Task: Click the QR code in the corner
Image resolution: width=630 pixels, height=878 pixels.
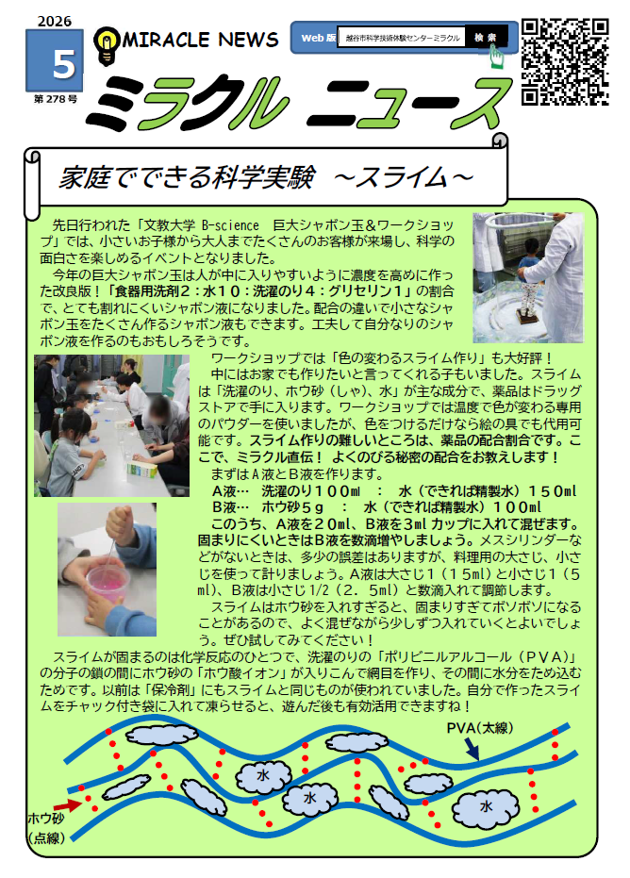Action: (x=564, y=61)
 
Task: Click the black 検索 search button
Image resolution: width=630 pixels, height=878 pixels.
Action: (x=488, y=38)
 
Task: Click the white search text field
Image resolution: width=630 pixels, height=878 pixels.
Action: (x=399, y=38)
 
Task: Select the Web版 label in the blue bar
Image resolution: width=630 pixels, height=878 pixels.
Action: (x=317, y=38)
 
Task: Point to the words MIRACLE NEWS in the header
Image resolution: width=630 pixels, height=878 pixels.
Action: (x=201, y=40)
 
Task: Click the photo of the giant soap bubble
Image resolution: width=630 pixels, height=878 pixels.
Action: (x=527, y=277)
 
